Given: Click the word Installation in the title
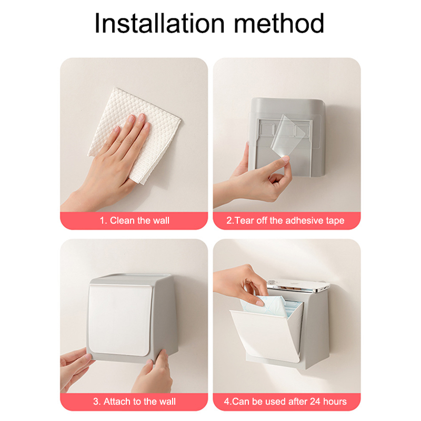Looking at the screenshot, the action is pos(159,23).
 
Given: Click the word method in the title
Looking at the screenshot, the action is pos(279,23).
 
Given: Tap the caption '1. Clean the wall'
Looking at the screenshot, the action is pos(135,220).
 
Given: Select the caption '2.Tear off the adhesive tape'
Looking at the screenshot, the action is pos(285,220).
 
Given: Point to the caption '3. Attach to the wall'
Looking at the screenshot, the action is pos(134,402).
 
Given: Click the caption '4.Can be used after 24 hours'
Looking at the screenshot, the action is pos(285,402).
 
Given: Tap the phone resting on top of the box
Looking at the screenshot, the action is pos(298,285).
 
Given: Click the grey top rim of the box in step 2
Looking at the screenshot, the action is pos(288,102).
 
